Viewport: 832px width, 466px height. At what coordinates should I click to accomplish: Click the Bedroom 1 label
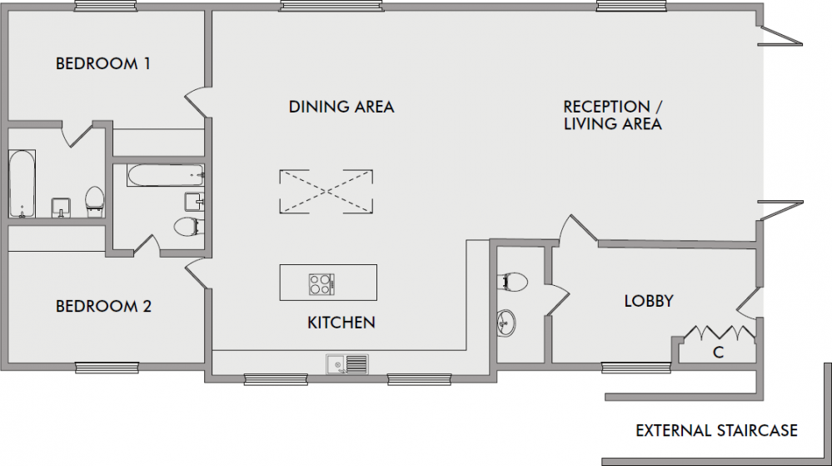click(103, 63)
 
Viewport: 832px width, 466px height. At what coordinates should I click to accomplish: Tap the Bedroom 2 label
click(103, 306)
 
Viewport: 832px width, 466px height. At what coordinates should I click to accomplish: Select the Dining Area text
click(341, 107)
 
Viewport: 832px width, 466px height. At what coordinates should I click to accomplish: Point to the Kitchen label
click(341, 323)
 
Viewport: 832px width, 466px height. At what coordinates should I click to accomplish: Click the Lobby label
click(649, 301)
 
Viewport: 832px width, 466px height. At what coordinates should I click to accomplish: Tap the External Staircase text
click(716, 430)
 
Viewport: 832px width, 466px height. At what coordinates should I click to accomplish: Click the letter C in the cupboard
click(719, 353)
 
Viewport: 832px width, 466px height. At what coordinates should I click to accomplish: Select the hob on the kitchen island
click(321, 284)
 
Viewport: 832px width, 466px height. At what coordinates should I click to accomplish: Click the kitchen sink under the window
click(347, 364)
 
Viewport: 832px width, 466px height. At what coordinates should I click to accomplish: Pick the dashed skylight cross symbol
click(326, 192)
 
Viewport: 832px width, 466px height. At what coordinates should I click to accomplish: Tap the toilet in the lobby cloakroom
click(512, 282)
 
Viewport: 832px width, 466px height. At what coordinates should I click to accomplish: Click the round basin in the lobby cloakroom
click(506, 323)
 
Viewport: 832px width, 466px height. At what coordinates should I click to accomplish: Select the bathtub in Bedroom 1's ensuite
click(22, 184)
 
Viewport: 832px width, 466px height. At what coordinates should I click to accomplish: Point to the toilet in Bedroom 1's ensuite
click(95, 202)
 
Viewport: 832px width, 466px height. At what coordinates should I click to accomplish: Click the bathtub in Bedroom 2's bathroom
click(166, 175)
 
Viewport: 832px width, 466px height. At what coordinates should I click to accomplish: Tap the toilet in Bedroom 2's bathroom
click(188, 227)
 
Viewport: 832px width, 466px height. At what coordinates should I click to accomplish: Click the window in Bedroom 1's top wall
click(106, 7)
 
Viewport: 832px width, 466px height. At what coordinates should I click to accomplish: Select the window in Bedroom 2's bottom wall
click(107, 368)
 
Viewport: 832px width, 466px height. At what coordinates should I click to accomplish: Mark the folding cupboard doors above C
click(720, 333)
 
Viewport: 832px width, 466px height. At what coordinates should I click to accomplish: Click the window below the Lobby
click(635, 367)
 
